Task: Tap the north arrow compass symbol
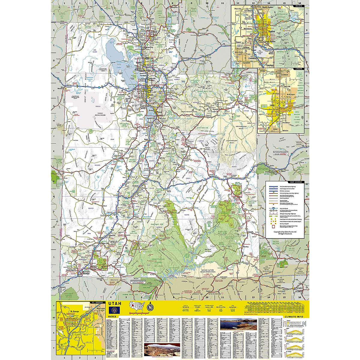pyautogui.click(x=150, y=307)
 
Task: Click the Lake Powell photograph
pyautogui.click(x=238, y=325)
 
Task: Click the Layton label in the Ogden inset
pyautogui.click(x=270, y=65)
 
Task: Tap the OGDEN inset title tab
pyautogui.click(x=299, y=6)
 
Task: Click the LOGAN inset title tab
pyautogui.click(x=299, y=69)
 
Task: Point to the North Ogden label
pyautogui.click(x=269, y=7)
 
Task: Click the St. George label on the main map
pyautogui.click(x=86, y=274)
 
